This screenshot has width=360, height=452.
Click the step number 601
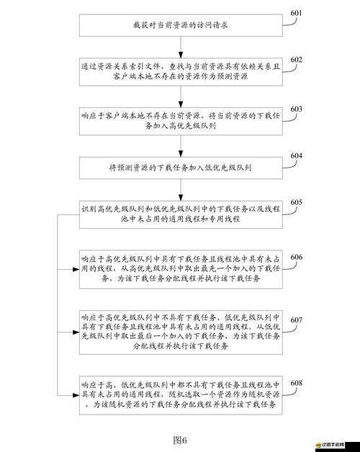coord(296,14)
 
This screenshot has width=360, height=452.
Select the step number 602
coord(296,60)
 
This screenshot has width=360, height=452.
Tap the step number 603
coord(296,109)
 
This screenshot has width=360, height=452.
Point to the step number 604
coord(296,156)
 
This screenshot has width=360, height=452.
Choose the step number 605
coord(296,203)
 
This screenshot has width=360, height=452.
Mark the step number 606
coord(296,258)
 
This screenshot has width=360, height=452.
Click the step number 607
coord(296,320)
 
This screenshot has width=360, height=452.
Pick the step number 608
coord(296,383)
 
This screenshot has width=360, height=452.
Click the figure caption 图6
coord(179,440)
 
